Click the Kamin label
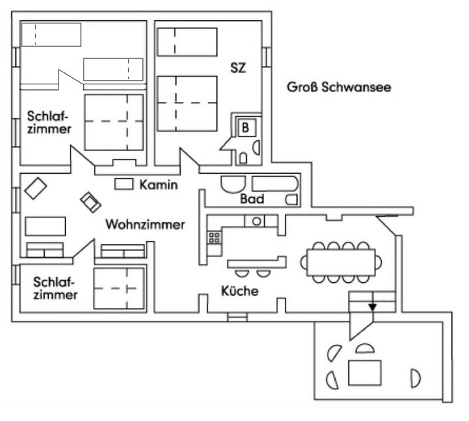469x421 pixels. [158, 185]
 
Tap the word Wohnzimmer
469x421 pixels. [145, 225]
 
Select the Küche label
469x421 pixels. [239, 291]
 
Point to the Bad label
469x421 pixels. [252, 200]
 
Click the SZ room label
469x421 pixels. [238, 69]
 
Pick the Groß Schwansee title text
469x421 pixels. [339, 87]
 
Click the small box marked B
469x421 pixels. [245, 128]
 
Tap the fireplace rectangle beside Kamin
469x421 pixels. [124, 185]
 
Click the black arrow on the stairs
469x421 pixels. [373, 307]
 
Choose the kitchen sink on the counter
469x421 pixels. [255, 221]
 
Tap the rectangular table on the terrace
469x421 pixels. [364, 373]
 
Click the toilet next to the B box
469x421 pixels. [243, 158]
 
